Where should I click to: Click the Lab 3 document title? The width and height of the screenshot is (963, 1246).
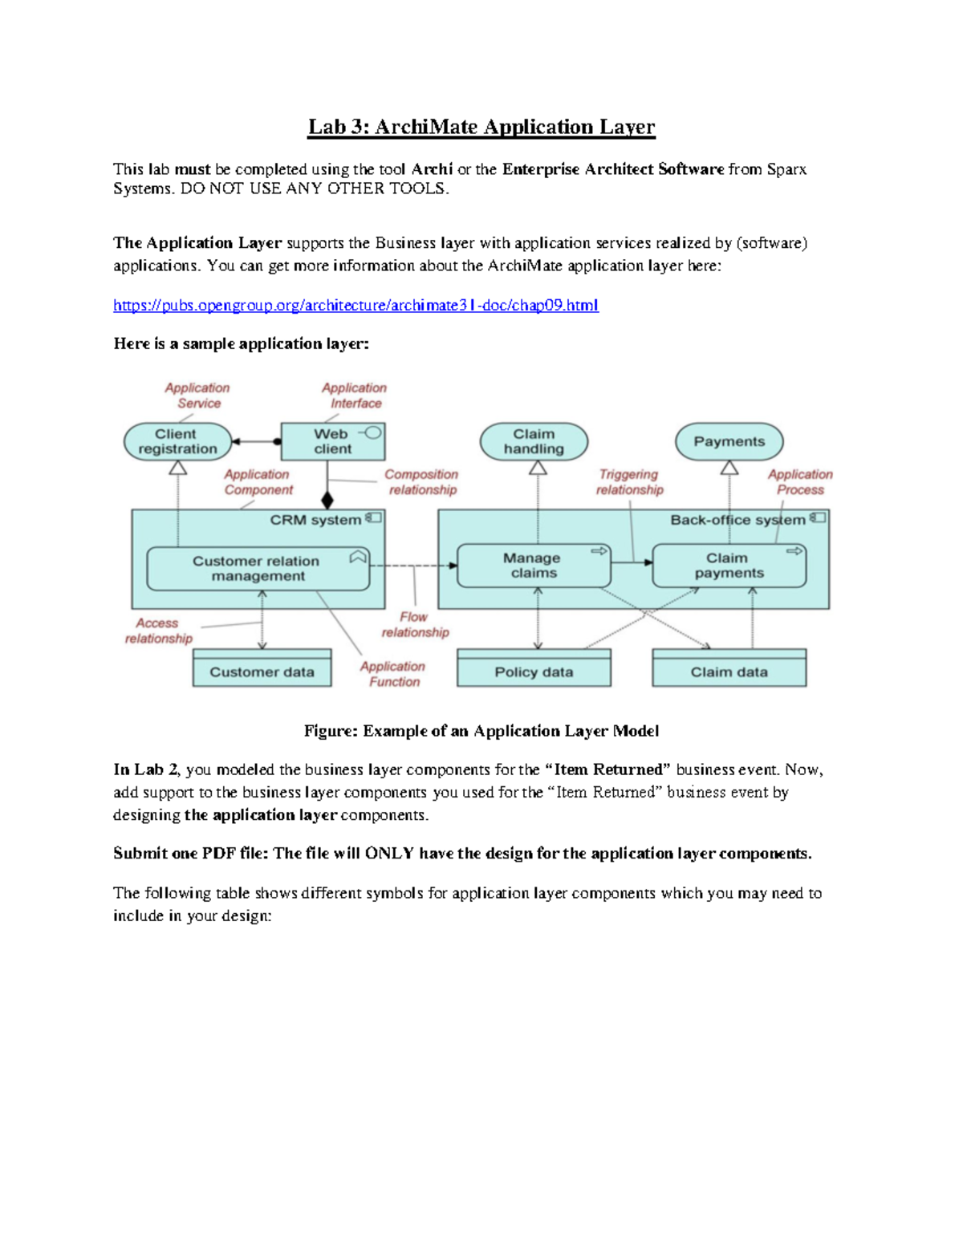(481, 127)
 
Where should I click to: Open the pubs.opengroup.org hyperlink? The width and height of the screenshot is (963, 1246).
(356, 305)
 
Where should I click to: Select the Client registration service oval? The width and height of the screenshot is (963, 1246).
(177, 441)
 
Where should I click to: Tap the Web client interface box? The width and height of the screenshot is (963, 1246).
(332, 441)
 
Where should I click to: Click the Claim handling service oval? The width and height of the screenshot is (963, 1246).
(534, 441)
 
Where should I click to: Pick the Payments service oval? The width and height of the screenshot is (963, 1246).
(729, 441)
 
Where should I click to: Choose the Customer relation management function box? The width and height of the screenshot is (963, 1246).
(258, 568)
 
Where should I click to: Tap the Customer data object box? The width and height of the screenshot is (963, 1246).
(262, 672)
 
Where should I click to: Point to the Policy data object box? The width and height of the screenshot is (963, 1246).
(534, 672)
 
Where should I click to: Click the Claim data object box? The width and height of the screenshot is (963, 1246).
(729, 672)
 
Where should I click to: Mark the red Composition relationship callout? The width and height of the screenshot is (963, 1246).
(421, 482)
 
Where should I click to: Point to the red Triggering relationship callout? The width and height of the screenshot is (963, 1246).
(629, 482)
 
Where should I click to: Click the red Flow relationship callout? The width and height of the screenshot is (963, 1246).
(415, 624)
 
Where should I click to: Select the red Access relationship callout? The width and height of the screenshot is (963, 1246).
(158, 631)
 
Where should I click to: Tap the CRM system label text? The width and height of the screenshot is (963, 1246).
(315, 520)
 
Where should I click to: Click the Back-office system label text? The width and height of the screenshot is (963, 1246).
(737, 520)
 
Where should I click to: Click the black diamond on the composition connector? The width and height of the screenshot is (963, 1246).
(327, 500)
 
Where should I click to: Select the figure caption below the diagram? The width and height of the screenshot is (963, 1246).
(481, 731)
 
